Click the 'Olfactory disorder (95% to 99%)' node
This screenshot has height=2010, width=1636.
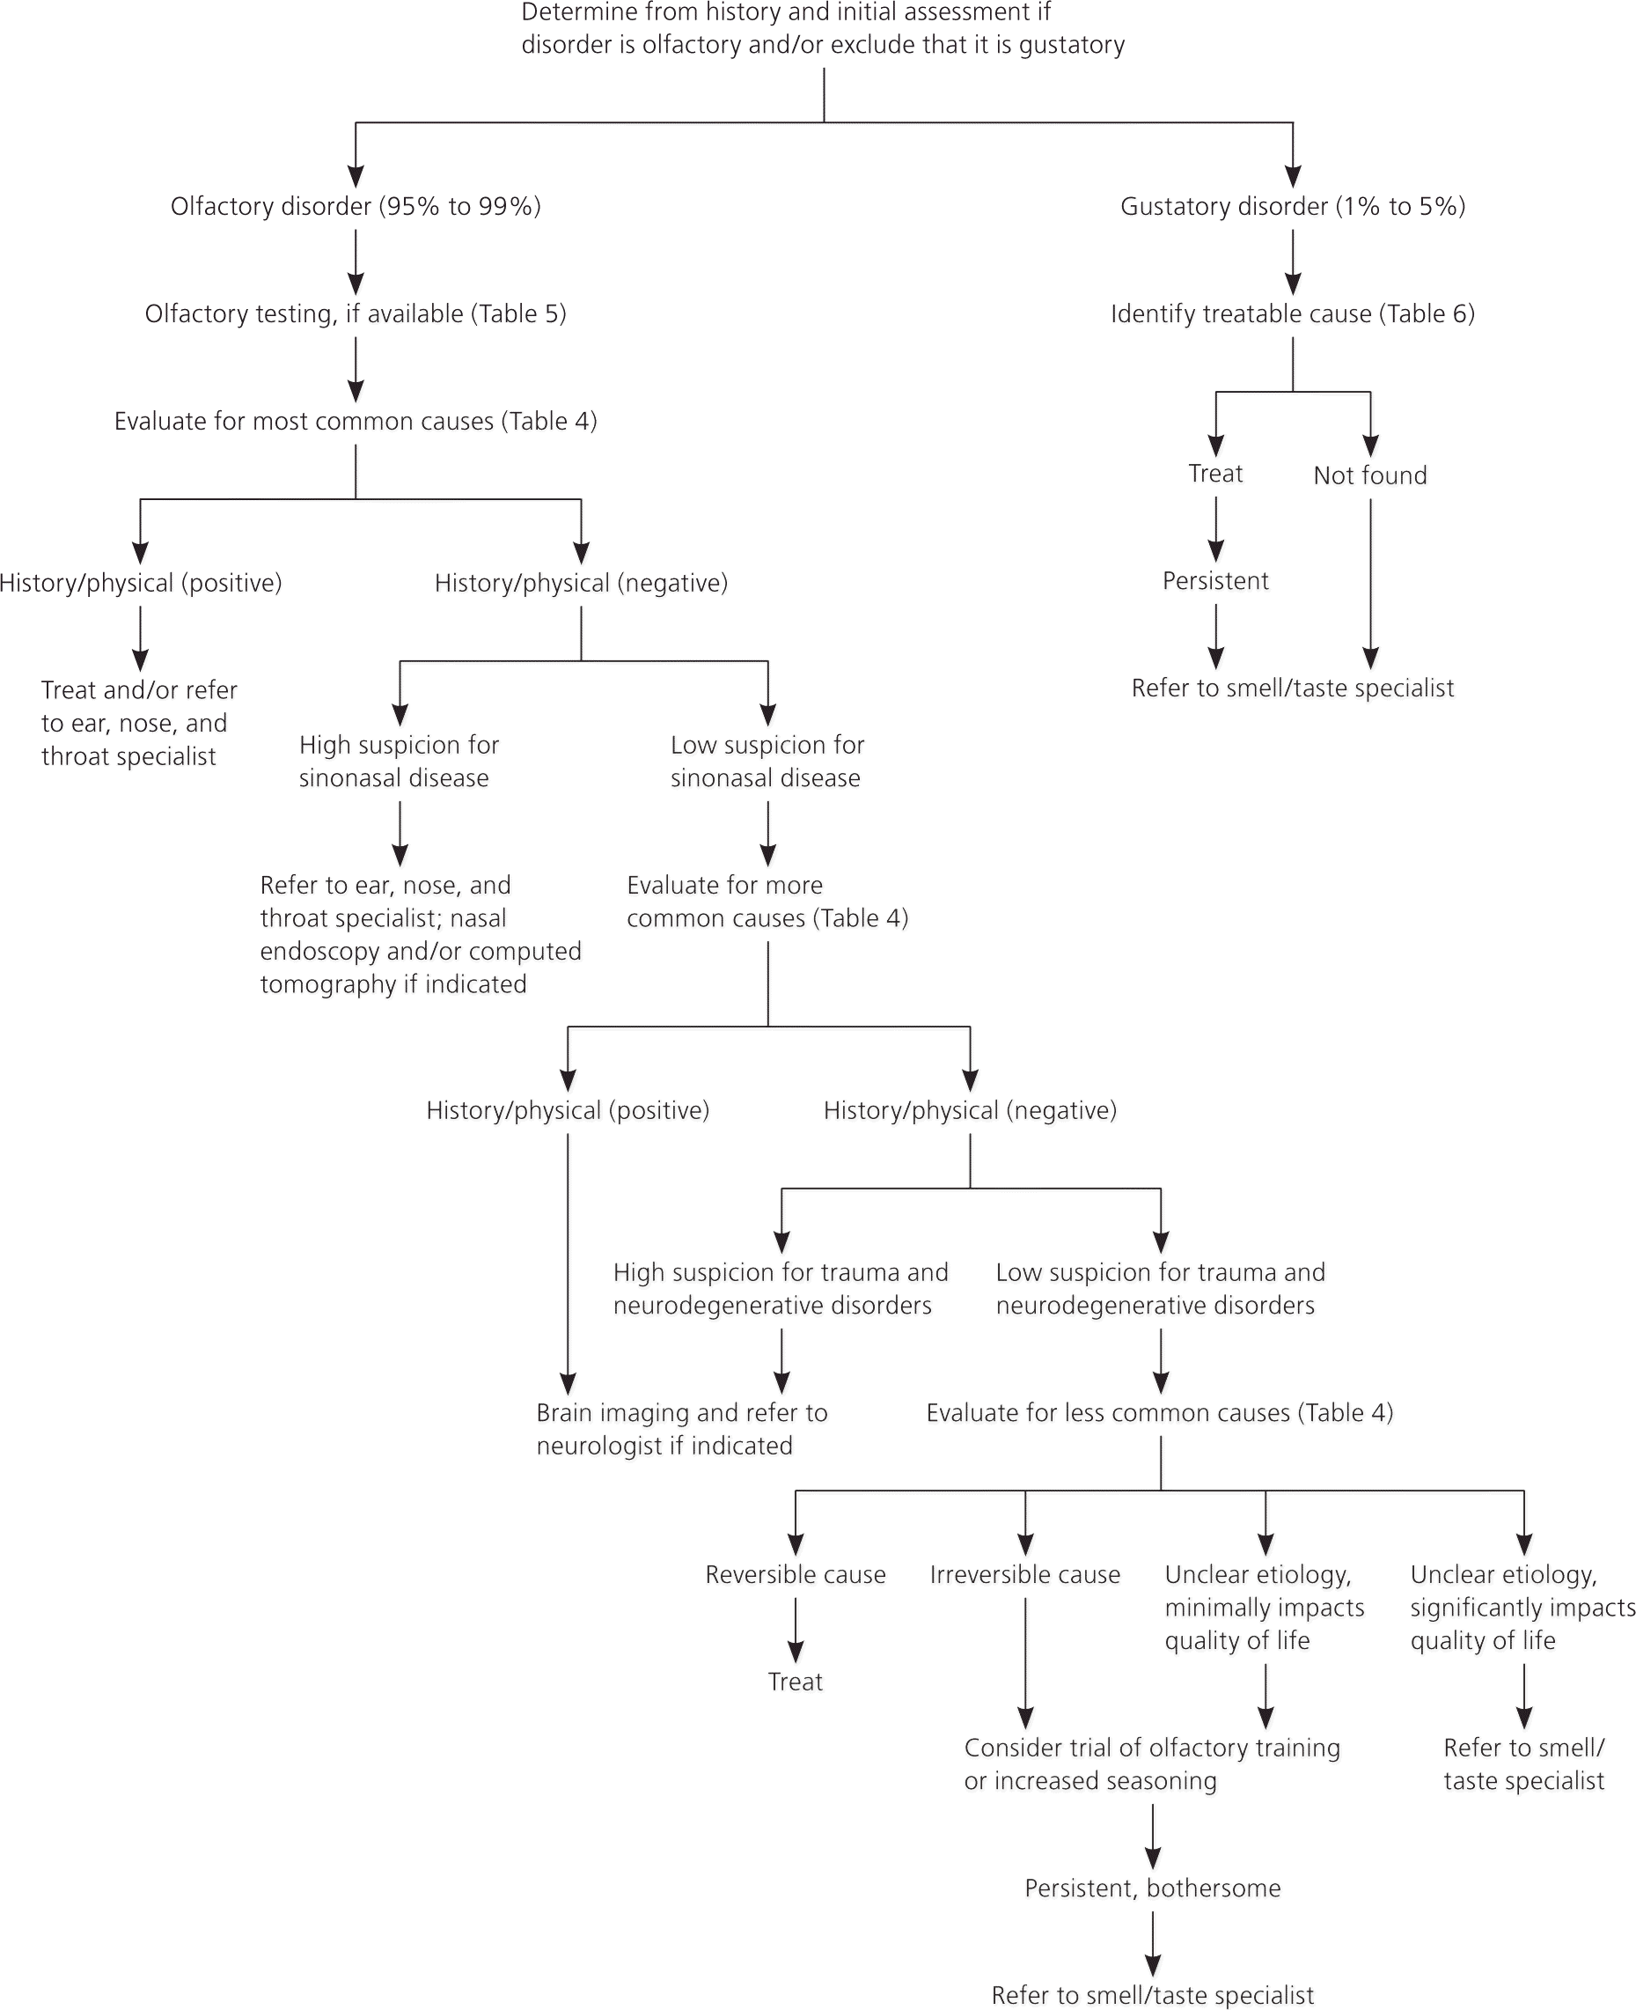(356, 207)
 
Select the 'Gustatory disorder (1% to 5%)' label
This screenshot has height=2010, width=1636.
(1292, 207)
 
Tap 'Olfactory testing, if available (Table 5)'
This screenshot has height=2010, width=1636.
(356, 314)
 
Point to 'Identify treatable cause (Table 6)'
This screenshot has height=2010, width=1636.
(1292, 314)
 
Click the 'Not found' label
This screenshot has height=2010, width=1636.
(1369, 475)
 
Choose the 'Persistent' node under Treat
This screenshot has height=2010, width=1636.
(1214, 581)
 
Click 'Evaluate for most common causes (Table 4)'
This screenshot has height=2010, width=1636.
(356, 422)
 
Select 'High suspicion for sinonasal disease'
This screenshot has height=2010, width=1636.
(398, 761)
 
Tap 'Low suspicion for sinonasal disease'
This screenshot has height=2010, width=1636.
(767, 761)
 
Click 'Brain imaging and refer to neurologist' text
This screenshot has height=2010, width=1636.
(680, 1428)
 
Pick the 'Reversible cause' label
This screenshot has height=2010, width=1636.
(796, 1574)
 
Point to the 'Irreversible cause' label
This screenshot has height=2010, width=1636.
(1024, 1574)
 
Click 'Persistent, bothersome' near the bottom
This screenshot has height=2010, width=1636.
(1152, 1889)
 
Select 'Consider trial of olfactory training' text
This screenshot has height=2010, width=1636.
(1151, 1764)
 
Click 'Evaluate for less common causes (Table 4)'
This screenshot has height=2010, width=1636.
(1159, 1412)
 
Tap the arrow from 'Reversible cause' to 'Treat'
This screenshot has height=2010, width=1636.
(796, 1630)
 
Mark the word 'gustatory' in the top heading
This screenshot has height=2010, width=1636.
(1072, 45)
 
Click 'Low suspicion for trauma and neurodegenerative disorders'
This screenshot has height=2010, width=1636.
(1159, 1288)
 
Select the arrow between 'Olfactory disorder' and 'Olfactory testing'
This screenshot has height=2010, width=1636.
(356, 261)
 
